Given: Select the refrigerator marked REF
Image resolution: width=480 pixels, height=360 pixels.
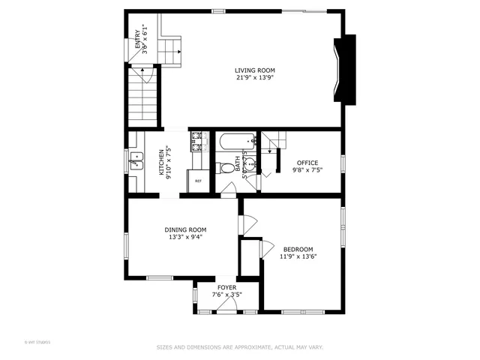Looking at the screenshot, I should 198,181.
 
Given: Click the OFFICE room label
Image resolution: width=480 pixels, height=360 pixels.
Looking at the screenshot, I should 307,163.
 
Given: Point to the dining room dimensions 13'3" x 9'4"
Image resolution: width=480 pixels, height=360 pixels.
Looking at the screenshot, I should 185,237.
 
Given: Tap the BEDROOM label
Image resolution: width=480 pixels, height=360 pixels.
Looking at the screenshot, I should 298,249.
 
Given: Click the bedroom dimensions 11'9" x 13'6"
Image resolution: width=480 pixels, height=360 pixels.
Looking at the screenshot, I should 298,256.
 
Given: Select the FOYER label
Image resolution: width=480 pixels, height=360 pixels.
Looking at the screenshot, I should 226,287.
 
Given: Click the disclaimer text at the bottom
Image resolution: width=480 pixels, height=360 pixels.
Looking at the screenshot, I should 239,347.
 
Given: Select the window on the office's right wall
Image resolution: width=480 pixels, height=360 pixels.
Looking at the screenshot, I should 343,163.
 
